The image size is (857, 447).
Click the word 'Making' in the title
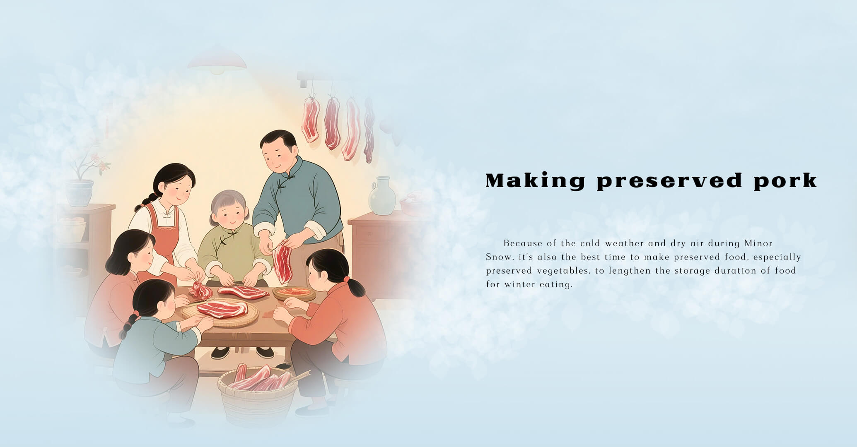pyautogui.click(x=536, y=181)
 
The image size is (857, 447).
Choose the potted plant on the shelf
pyautogui.click(x=82, y=178)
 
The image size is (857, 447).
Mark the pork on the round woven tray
pyautogui.click(x=222, y=309)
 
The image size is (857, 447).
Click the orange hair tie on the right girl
pyautogui.click(x=346, y=279)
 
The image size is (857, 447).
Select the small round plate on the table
pyautogui.click(x=294, y=293)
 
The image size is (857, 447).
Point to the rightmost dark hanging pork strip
pyautogui.click(x=368, y=130)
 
